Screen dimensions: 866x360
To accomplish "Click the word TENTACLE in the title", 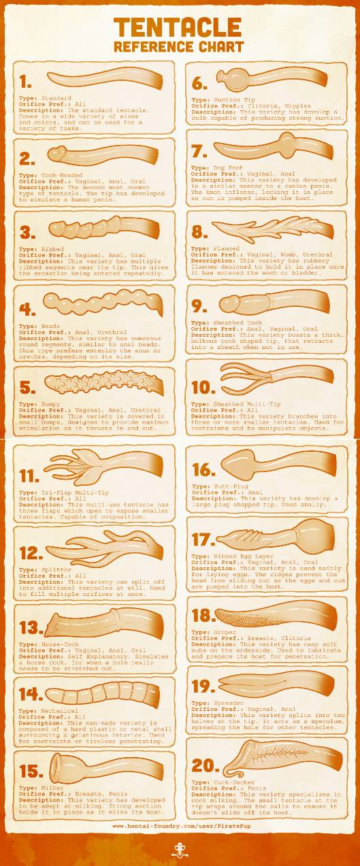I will click(x=178, y=27).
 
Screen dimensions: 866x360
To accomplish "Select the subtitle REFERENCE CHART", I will click(x=178, y=47).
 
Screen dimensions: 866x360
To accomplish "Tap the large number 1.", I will click(x=26, y=82).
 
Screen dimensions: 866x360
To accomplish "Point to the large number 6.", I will click(x=199, y=84).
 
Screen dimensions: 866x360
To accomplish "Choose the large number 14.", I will click(x=31, y=694).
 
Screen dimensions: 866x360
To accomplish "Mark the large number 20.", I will click(x=206, y=766).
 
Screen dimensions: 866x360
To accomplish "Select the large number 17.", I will click(x=203, y=539).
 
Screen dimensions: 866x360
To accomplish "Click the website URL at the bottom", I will click(x=178, y=826).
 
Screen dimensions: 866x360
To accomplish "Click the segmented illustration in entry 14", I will click(x=102, y=695).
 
